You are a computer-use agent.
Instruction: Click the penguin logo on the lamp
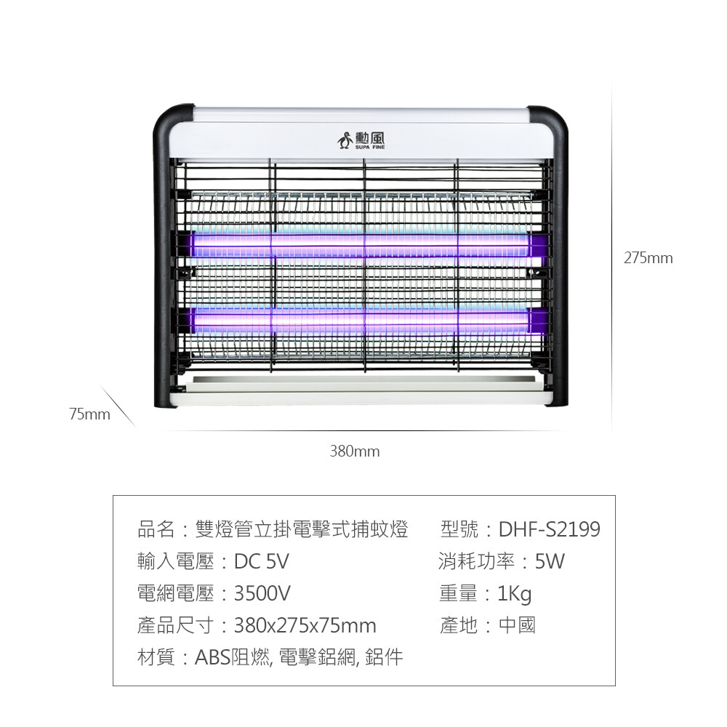click(345, 140)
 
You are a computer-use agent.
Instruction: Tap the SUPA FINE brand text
click(370, 147)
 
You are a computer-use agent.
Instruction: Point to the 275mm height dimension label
click(648, 258)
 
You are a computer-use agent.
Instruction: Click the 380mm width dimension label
click(355, 451)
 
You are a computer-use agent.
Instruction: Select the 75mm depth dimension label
click(90, 414)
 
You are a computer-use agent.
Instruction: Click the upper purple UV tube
click(361, 245)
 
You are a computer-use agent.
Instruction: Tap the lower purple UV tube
click(361, 320)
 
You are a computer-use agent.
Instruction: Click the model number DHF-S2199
click(549, 529)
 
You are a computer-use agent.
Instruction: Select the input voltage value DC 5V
click(261, 561)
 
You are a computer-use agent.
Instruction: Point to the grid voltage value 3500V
click(262, 593)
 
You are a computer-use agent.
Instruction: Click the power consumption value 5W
click(550, 561)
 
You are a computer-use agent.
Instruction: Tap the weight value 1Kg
click(514, 594)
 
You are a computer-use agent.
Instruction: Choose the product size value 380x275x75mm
click(305, 626)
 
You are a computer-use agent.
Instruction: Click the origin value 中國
click(517, 625)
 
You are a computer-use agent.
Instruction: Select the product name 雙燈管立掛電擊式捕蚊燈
click(302, 529)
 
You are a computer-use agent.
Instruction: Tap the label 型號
click(459, 529)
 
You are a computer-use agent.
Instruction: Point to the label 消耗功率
click(476, 561)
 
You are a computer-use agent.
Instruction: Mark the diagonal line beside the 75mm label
click(117, 406)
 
